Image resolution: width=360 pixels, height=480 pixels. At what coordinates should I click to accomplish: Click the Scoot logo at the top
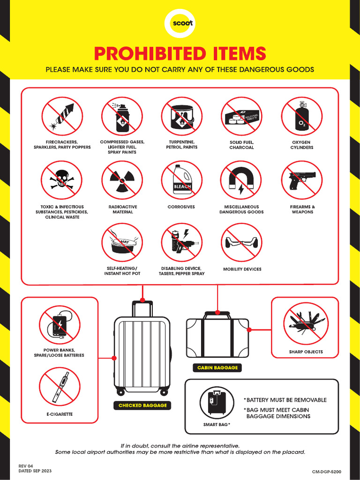[180, 23]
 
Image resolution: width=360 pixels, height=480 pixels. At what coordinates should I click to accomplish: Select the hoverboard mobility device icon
[241, 242]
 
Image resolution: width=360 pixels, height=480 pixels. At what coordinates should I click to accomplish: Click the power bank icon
[60, 325]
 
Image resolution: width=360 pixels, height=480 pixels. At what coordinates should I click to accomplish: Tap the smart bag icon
[217, 402]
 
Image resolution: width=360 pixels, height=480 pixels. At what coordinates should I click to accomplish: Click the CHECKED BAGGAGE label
[142, 405]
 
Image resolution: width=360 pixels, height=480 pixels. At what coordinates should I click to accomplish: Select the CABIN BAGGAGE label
[217, 368]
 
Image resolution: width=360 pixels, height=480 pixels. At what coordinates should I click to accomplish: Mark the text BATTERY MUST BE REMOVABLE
[286, 400]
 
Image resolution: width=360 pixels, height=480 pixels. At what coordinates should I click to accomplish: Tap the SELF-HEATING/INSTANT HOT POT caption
[122, 271]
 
